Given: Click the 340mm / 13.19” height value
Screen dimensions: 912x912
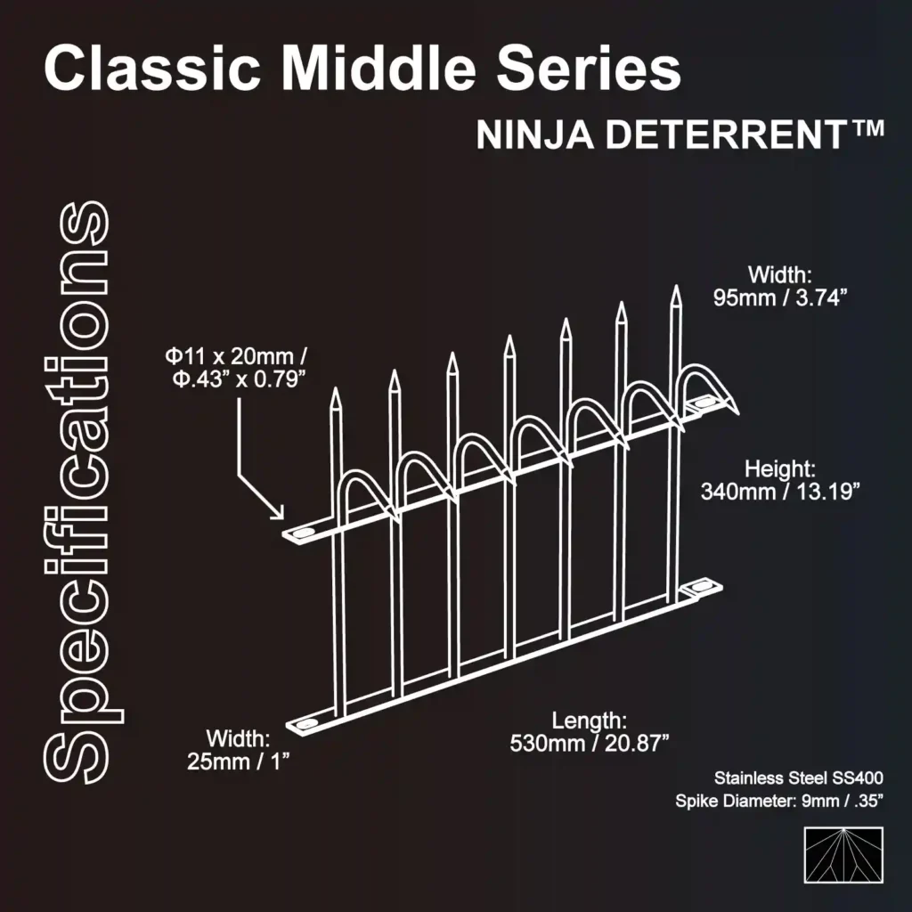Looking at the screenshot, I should pyautogui.click(x=780, y=492).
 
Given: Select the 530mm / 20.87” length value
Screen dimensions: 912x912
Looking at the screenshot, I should pyautogui.click(x=590, y=743).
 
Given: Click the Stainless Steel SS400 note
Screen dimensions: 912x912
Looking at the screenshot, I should pyautogui.click(x=798, y=778).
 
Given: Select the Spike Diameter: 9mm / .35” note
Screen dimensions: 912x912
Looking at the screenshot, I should pyautogui.click(x=779, y=802).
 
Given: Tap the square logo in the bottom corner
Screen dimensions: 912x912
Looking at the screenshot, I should pyautogui.click(x=843, y=855).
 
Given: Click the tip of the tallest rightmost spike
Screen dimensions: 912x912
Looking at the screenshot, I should pyautogui.click(x=675, y=289).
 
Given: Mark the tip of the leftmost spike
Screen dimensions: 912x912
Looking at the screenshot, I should pyautogui.click(x=336, y=391).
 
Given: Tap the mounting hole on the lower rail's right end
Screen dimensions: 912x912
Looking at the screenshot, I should pyautogui.click(x=703, y=589).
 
